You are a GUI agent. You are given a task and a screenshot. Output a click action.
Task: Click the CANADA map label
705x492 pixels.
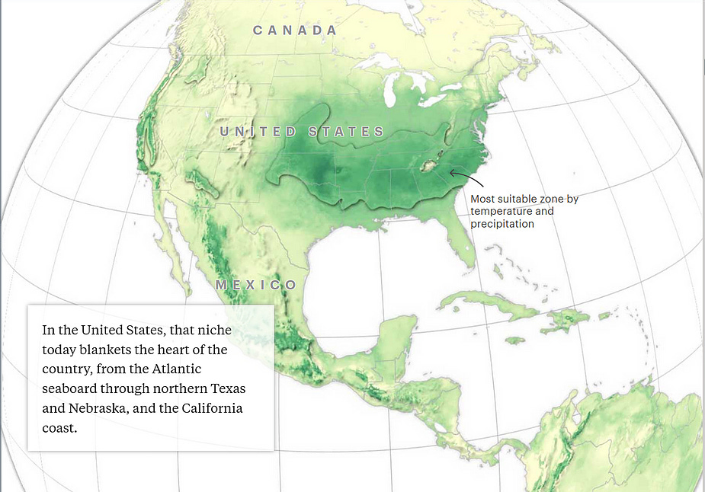click(x=295, y=30)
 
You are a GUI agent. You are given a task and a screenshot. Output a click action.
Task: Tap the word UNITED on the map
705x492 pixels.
click(x=258, y=132)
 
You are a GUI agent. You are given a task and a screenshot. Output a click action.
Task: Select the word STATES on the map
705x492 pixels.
click(x=347, y=132)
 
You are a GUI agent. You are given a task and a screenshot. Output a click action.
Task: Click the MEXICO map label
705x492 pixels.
click(x=256, y=286)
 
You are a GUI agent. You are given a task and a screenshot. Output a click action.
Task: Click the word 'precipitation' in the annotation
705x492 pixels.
click(x=502, y=224)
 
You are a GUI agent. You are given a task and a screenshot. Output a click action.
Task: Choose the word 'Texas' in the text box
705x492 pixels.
click(x=229, y=388)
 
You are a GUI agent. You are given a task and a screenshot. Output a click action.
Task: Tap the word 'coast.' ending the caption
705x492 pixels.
click(x=60, y=427)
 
